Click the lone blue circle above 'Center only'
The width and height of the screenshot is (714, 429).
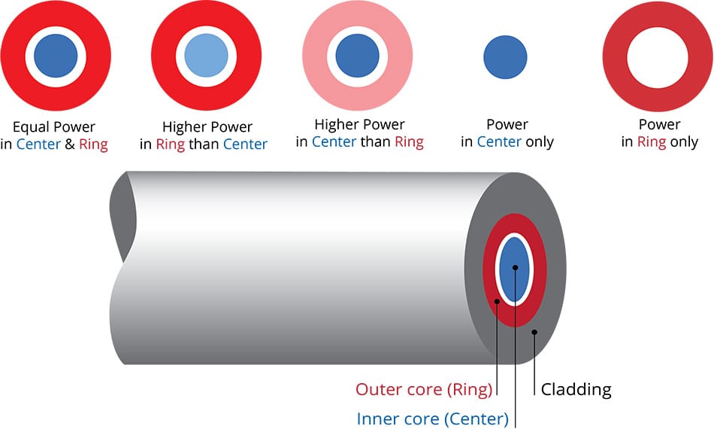click(x=505, y=56)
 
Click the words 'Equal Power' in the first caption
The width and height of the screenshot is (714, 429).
click(x=54, y=126)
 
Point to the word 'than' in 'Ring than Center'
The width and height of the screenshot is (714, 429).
click(x=203, y=144)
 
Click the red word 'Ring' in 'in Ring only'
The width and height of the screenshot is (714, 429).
click(x=652, y=141)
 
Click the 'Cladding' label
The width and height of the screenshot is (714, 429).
click(x=576, y=389)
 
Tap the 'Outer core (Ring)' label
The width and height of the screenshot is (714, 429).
click(x=424, y=389)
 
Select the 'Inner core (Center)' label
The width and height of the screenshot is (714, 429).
click(x=432, y=418)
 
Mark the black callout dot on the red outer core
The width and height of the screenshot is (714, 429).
click(x=498, y=302)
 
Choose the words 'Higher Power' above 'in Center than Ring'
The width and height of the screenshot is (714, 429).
click(x=359, y=124)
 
